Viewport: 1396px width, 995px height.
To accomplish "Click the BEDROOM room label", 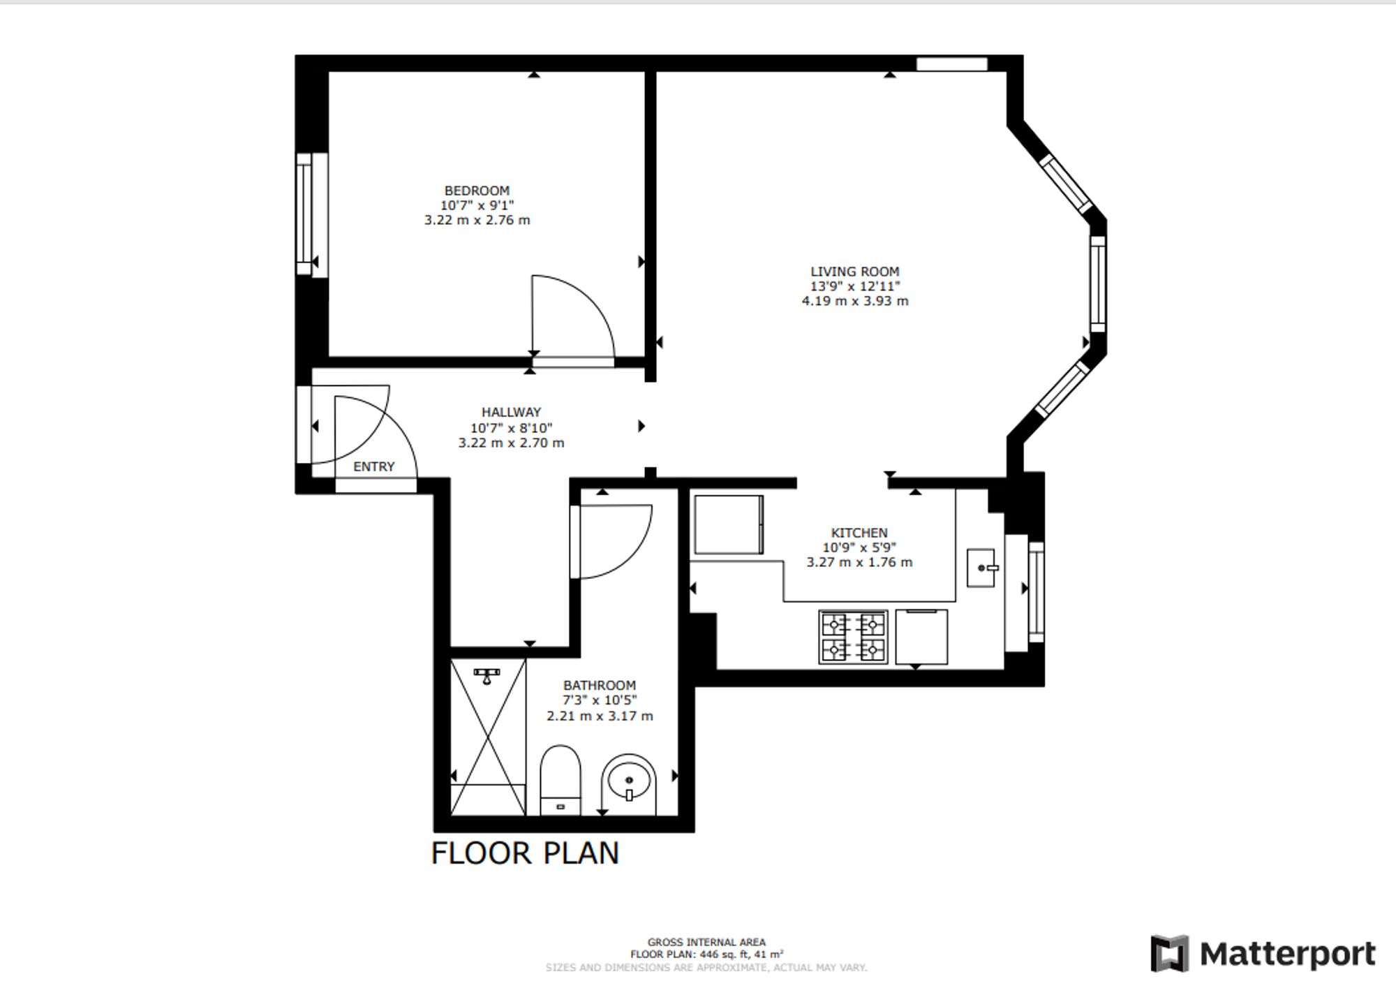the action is (477, 191).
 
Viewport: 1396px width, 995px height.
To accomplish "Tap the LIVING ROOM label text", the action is (855, 272).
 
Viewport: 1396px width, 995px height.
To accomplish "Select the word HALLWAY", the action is (511, 413).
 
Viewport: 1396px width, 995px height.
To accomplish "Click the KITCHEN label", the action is (859, 533).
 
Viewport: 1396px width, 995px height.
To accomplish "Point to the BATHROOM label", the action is (600, 686).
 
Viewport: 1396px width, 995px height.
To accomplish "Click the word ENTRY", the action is (374, 466).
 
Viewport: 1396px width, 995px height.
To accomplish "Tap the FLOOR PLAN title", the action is (525, 853).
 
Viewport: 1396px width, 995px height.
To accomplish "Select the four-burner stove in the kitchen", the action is (853, 637).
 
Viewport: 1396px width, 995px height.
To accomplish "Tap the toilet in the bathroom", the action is (560, 780).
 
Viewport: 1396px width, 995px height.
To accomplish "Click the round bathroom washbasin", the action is (629, 784).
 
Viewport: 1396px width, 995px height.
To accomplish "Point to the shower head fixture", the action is (487, 675).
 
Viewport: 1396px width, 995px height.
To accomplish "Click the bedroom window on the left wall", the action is (312, 215).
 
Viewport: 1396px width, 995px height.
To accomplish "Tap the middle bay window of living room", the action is (1098, 283).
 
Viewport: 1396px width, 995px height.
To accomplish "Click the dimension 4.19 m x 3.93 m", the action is (855, 301).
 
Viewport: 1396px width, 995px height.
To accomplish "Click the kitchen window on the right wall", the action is (1037, 591).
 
